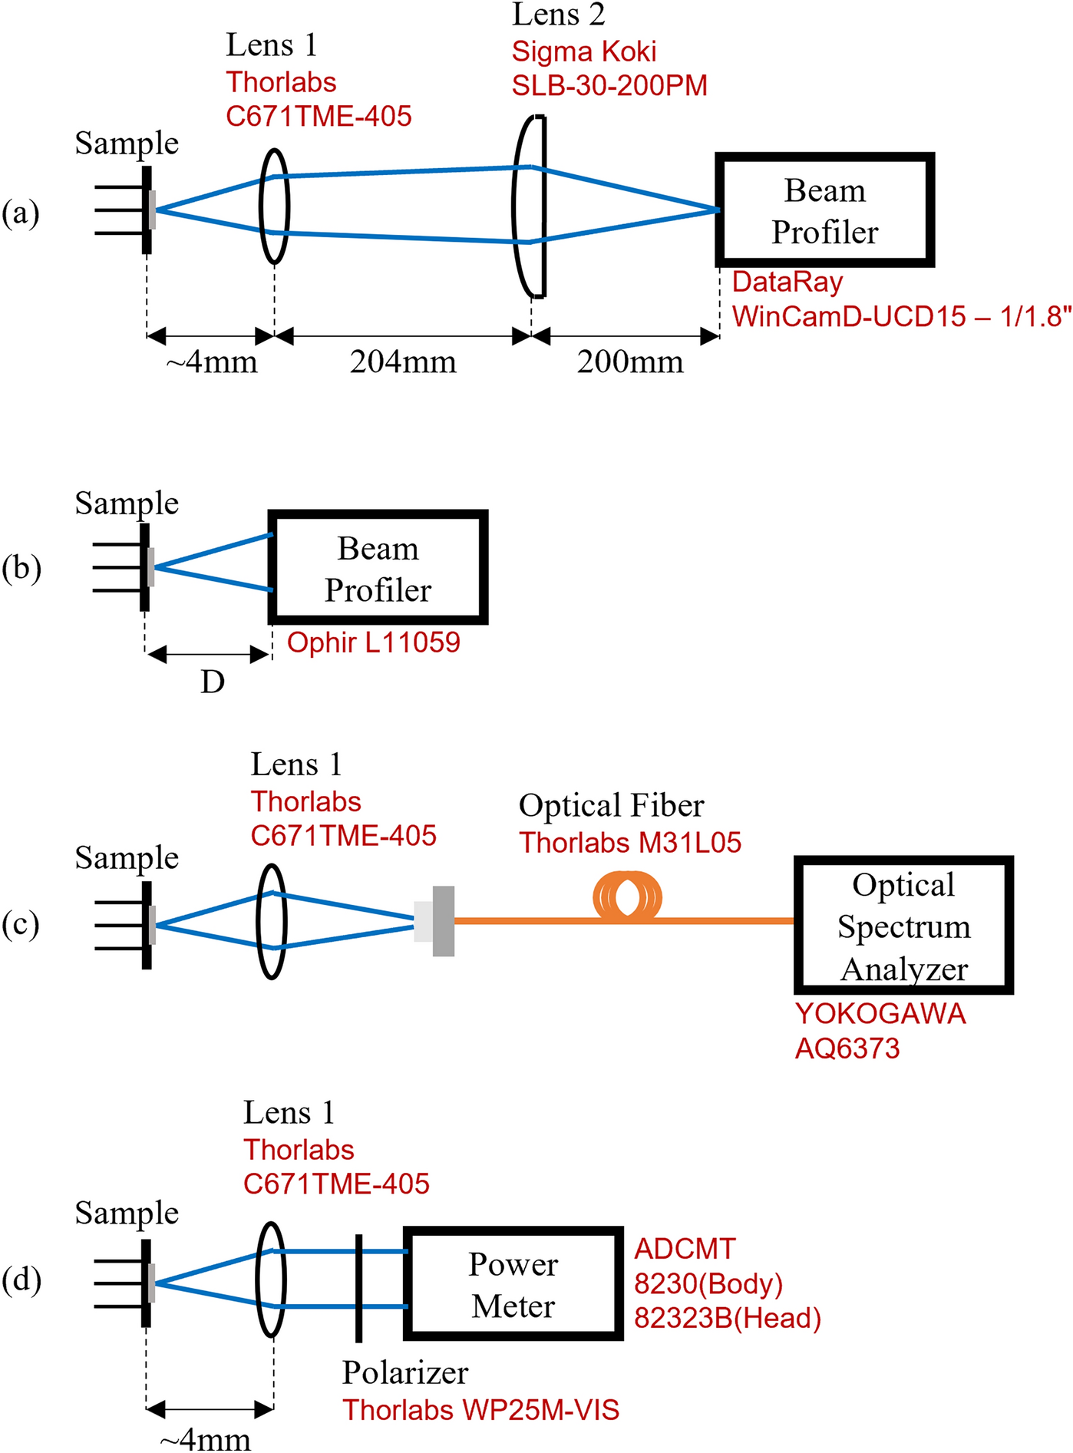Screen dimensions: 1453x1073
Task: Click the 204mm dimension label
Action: (x=403, y=362)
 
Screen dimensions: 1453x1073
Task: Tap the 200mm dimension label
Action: (x=630, y=362)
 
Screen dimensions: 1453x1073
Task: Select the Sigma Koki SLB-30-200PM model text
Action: (x=609, y=85)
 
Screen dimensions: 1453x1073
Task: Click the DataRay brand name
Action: (x=787, y=282)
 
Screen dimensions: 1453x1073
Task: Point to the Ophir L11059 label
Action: (x=374, y=642)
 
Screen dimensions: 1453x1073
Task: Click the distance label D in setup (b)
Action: (x=213, y=682)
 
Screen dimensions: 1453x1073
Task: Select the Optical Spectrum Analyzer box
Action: (x=903, y=925)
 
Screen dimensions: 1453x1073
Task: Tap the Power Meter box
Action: (x=513, y=1284)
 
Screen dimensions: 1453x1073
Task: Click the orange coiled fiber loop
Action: (x=627, y=896)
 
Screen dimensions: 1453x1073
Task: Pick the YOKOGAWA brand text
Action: (x=880, y=1014)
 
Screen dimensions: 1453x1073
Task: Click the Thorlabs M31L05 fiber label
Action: (x=630, y=843)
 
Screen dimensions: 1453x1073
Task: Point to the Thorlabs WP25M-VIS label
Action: (x=480, y=1410)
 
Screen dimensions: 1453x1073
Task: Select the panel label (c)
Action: (x=21, y=924)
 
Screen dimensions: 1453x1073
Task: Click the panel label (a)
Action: (x=21, y=213)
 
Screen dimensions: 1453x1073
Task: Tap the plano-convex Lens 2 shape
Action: (x=530, y=206)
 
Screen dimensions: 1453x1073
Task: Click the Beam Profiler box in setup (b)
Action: (x=378, y=567)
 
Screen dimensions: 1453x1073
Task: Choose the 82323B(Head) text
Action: (x=728, y=1318)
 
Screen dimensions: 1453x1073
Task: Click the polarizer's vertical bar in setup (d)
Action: (x=358, y=1288)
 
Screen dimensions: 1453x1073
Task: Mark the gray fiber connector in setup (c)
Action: (x=443, y=921)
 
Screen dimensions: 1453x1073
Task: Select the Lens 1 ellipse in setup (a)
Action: (x=275, y=206)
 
